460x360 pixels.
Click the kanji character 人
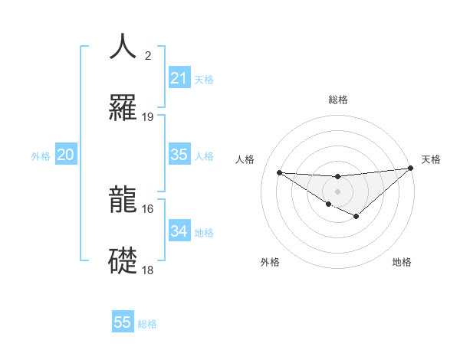(x=123, y=47)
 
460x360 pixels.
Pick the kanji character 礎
(x=123, y=260)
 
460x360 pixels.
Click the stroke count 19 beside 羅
(x=148, y=117)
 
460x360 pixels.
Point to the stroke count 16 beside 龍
(x=148, y=208)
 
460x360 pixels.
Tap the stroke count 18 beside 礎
(x=148, y=270)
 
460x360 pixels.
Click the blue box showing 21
(x=179, y=78)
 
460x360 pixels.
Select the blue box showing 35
(x=179, y=155)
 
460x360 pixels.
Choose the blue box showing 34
(x=179, y=231)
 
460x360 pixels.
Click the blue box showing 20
(x=66, y=155)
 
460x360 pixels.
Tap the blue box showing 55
(x=123, y=322)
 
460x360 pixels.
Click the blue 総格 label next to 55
(x=148, y=324)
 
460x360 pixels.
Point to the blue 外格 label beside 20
(x=41, y=156)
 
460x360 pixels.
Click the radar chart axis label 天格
(x=431, y=159)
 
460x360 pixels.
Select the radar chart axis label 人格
(x=245, y=159)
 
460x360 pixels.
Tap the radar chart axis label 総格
(x=337, y=100)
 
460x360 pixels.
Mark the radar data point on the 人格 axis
(x=279, y=172)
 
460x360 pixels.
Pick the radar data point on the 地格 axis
(x=356, y=217)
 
